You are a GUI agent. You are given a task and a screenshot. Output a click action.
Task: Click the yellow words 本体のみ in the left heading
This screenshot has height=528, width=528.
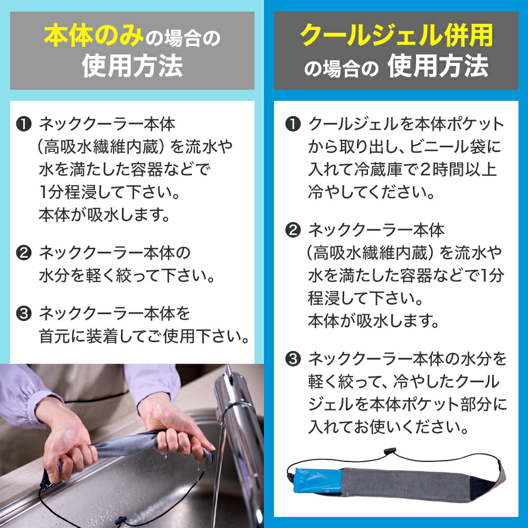click(x=94, y=36)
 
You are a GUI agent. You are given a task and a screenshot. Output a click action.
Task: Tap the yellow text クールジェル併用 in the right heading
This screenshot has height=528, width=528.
click(x=397, y=35)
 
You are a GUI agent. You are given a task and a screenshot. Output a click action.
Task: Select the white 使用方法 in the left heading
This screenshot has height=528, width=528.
click(x=133, y=66)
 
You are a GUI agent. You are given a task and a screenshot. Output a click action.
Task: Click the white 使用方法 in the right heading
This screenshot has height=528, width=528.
click(x=438, y=66)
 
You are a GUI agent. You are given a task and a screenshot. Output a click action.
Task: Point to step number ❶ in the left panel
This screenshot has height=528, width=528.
click(x=24, y=124)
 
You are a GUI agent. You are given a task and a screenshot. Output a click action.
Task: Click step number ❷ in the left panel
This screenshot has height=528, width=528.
click(x=24, y=252)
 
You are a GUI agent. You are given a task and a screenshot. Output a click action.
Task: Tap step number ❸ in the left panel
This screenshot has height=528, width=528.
click(x=24, y=314)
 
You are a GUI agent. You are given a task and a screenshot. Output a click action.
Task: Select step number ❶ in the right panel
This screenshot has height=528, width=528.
click(x=293, y=124)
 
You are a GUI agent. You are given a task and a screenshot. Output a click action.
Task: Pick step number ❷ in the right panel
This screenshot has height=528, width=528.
click(x=293, y=230)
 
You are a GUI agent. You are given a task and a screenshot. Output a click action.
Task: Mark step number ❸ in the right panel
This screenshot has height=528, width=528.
click(x=293, y=359)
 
